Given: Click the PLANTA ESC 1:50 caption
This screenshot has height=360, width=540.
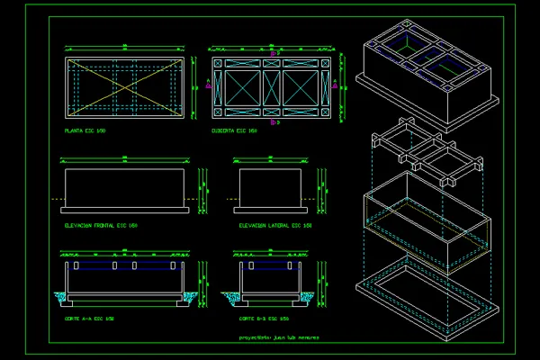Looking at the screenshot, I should pos(85,131).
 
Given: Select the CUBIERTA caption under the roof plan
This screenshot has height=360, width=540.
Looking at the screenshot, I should pos(235,131).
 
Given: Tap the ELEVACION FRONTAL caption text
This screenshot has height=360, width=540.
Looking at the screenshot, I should pos(100,225).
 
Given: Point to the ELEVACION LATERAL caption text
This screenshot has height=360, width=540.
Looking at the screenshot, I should pos(274,225).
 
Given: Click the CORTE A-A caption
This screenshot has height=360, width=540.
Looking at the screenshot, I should pos(89,319).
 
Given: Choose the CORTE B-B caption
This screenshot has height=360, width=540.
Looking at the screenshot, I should pos(263,319).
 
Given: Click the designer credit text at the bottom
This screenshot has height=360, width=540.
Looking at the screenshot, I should pos(280,337).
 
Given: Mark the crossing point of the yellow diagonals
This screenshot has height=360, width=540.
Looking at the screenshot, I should pos(124,87).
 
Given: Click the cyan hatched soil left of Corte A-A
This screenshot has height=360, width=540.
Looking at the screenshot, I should pos(59,296).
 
